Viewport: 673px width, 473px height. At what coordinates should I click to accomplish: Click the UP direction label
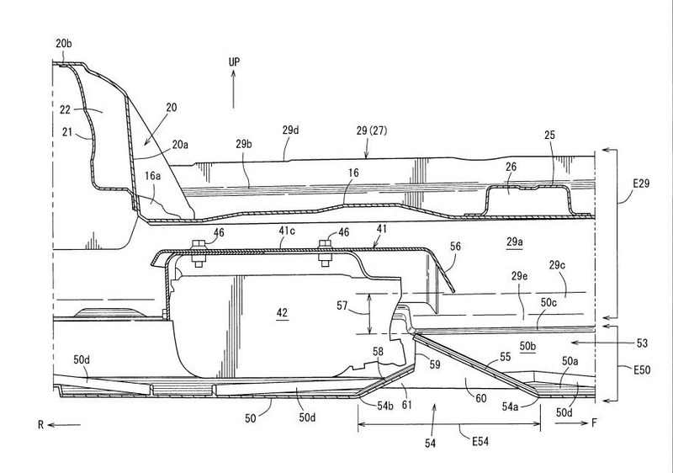[x=234, y=61]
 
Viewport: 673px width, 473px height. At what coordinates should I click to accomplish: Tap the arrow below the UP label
[x=234, y=89]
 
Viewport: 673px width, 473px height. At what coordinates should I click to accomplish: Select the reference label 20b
[x=64, y=44]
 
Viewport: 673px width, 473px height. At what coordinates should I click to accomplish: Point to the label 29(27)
[x=371, y=130]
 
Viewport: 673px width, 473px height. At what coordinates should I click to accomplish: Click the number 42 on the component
[x=282, y=312]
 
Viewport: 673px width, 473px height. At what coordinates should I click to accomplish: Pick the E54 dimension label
[x=480, y=442]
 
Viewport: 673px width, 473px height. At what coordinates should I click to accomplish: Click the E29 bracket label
[x=641, y=183]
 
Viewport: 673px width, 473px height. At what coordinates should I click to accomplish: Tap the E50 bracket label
[x=642, y=369]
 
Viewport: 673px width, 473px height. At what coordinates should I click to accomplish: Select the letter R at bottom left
[x=40, y=425]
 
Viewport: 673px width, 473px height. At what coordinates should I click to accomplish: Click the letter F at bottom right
[x=594, y=423]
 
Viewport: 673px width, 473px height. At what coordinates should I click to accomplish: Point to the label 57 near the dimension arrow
[x=342, y=306]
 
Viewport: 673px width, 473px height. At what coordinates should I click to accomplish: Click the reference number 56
[x=455, y=246]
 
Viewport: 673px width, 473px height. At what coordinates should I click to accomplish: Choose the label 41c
[x=287, y=231]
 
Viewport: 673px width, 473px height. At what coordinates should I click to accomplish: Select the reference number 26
[x=511, y=167]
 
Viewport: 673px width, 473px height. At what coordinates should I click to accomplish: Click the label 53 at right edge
[x=642, y=343]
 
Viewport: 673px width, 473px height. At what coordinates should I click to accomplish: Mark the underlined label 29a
[x=515, y=242]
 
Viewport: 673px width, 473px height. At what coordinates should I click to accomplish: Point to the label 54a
[x=510, y=407]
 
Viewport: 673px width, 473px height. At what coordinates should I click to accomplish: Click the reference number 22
[x=66, y=110]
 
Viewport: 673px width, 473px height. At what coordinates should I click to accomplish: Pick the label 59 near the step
[x=435, y=364]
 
